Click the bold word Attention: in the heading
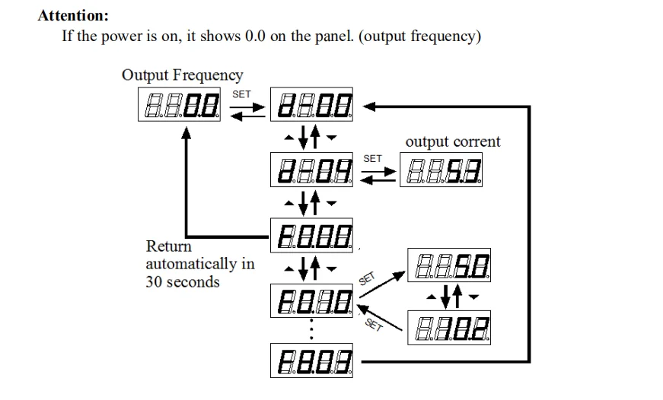click(x=73, y=15)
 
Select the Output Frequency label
click(x=183, y=75)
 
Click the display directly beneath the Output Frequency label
click(x=180, y=106)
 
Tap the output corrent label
click(x=453, y=141)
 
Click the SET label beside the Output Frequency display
click(x=241, y=94)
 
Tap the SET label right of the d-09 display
click(x=373, y=158)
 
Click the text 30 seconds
click(x=183, y=282)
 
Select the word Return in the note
click(x=168, y=246)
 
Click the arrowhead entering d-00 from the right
click(x=371, y=106)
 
